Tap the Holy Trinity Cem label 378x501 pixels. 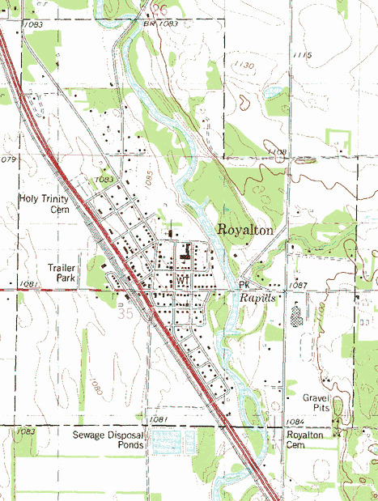(45, 202)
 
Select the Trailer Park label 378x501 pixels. (61, 272)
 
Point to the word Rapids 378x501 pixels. (258, 298)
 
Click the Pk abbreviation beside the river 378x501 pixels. (244, 286)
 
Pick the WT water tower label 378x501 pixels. (181, 279)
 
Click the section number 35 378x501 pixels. (125, 311)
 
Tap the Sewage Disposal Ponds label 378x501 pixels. (108, 440)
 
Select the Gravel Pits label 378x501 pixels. (318, 403)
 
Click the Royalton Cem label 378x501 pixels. (305, 440)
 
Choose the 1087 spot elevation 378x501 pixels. (298, 286)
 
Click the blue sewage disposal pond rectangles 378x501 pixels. (169, 441)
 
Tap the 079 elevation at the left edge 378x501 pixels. (8, 160)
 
